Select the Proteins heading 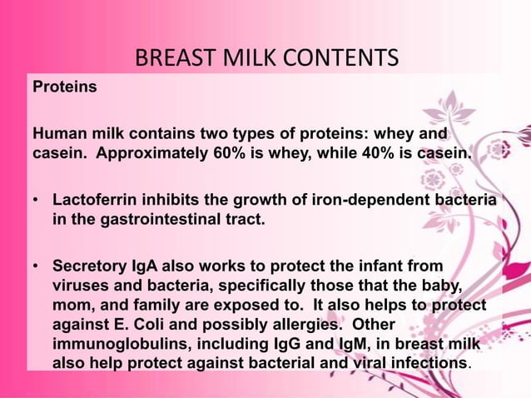[64, 87]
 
